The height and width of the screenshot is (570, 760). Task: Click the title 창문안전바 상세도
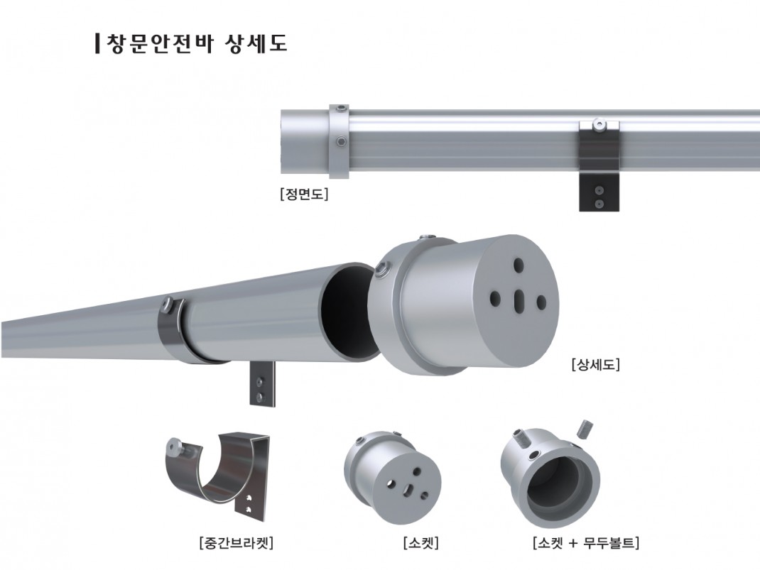[195, 43]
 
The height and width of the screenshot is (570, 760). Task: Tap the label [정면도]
[304, 193]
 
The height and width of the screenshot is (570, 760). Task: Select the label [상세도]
[595, 365]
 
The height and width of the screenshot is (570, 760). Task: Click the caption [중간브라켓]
[237, 544]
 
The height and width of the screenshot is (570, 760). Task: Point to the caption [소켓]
[420, 544]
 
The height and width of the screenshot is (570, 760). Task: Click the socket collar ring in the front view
[340, 141]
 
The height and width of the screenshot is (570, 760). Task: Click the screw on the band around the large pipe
[168, 305]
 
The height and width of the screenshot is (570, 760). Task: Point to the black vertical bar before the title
[97, 43]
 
